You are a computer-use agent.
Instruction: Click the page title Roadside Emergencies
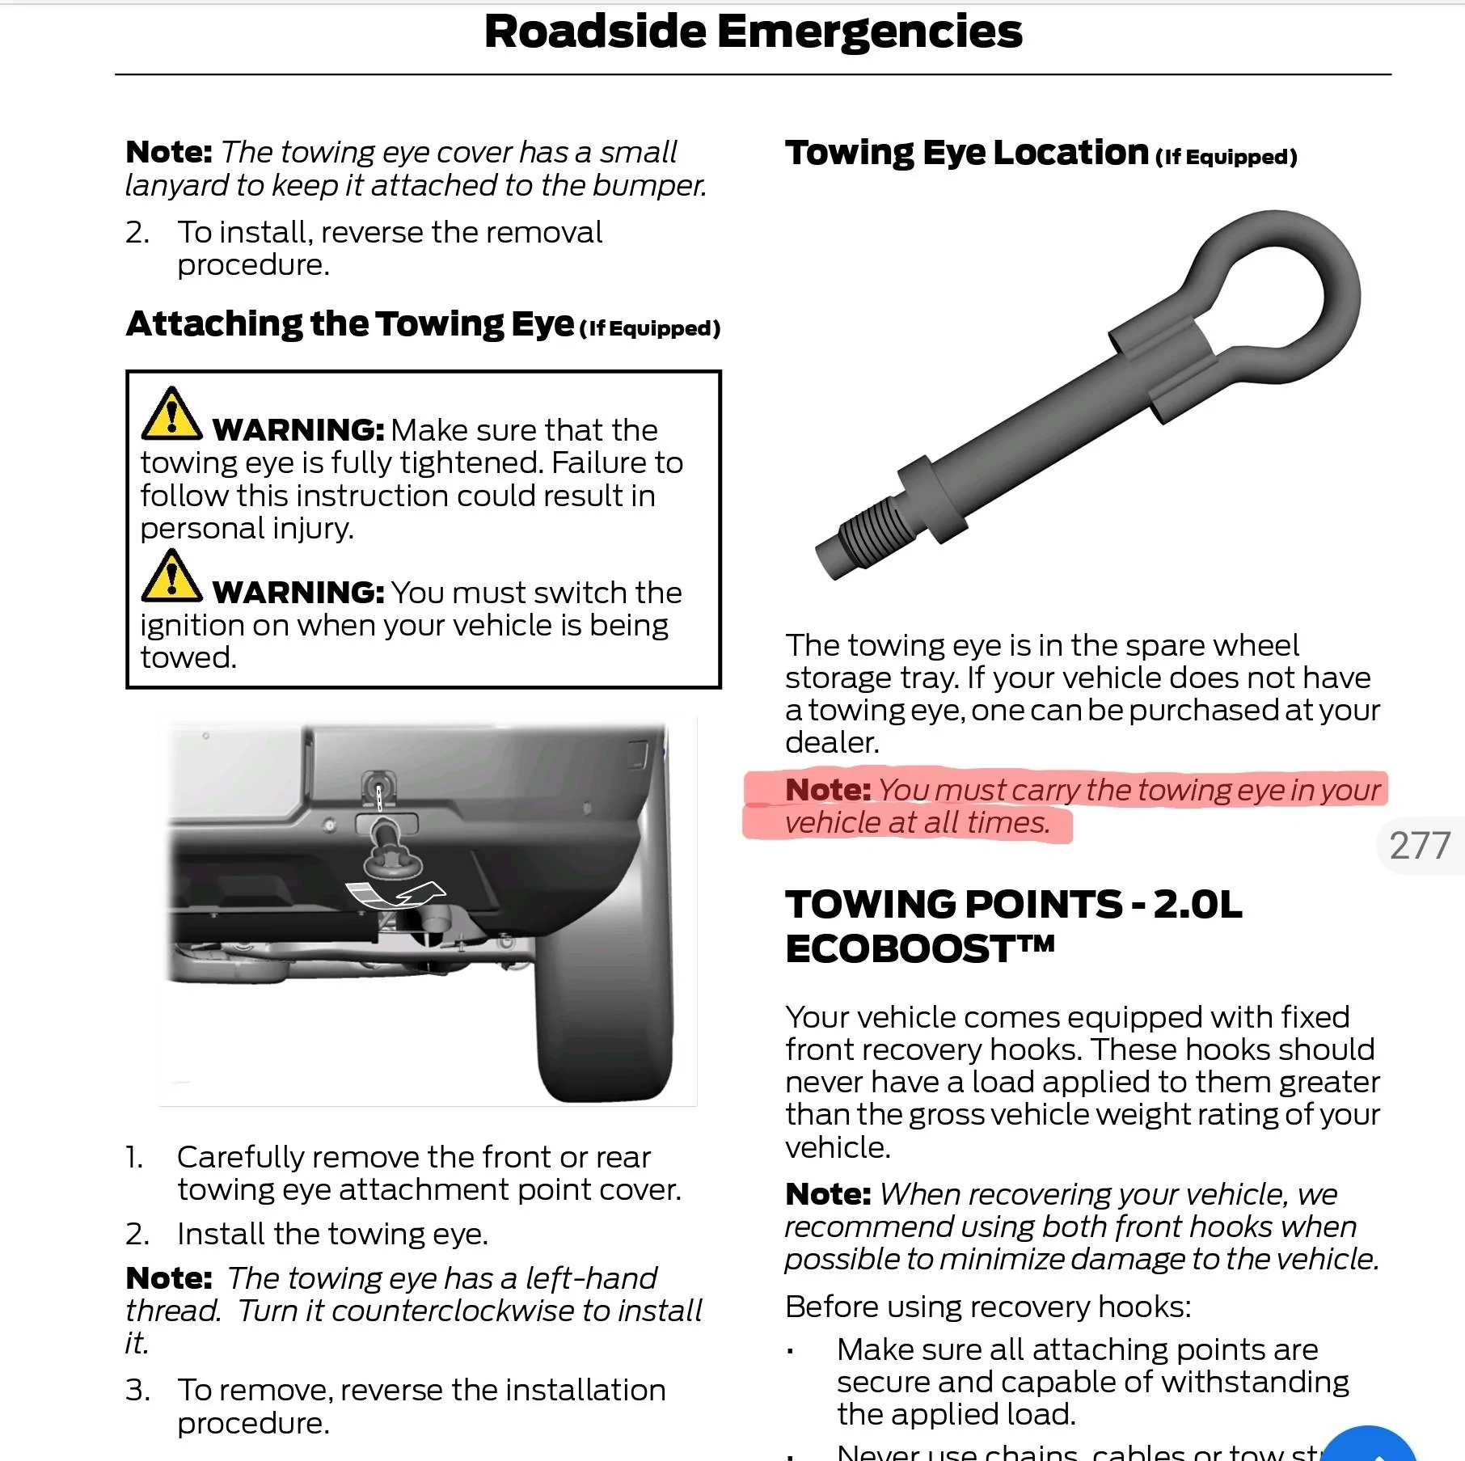753,32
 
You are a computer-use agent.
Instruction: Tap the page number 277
1420,846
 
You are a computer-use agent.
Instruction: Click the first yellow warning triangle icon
171,414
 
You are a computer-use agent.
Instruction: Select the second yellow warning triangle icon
171,576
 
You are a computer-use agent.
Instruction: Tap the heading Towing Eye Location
966,153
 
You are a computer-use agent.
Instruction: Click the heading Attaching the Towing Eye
350,324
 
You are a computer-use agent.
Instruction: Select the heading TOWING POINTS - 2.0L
1013,904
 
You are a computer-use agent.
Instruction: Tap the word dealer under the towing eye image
830,742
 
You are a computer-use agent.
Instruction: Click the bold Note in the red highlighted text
827,790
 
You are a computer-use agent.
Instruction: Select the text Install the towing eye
332,1234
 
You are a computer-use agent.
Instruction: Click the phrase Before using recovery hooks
987,1307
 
